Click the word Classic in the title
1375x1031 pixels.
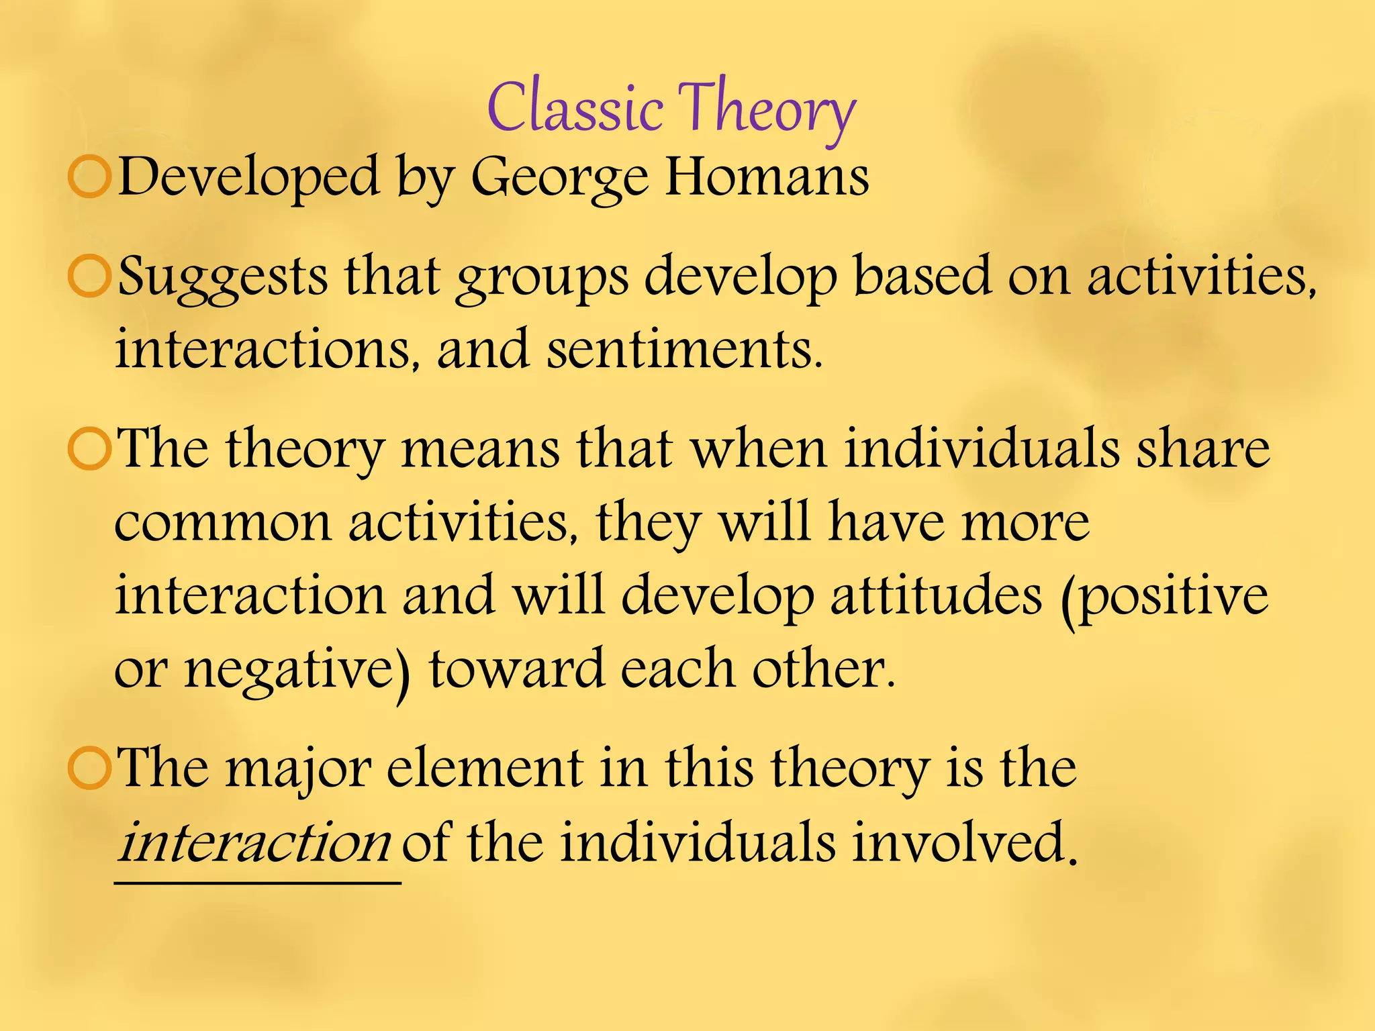click(x=575, y=107)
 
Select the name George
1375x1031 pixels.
click(x=559, y=179)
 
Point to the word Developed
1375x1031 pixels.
click(x=248, y=177)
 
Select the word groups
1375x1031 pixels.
click(x=542, y=279)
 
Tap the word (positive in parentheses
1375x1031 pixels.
click(x=1165, y=597)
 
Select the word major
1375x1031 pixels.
click(x=298, y=769)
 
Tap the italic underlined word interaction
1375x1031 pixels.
click(x=254, y=842)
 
